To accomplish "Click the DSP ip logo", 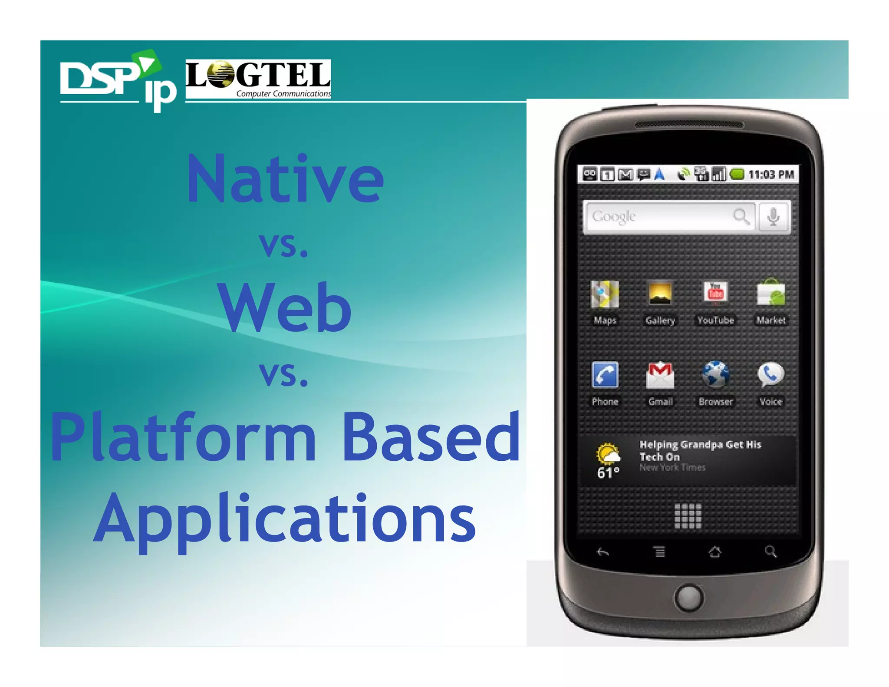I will (117, 80).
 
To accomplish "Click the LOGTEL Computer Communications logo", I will (258, 79).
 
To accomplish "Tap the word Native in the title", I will (285, 179).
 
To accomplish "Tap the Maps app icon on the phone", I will (605, 294).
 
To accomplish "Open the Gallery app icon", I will (660, 293).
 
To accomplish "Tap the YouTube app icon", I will (715, 293).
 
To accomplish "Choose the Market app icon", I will (771, 293).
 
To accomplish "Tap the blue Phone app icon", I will (605, 375).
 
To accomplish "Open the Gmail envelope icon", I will (660, 375).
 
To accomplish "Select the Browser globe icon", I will (715, 375).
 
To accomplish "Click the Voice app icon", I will (771, 375).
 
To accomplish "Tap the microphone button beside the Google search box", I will (773, 217).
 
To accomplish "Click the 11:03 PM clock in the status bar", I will (771, 175).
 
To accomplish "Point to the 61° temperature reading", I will (608, 472).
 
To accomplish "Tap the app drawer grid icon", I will (688, 516).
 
